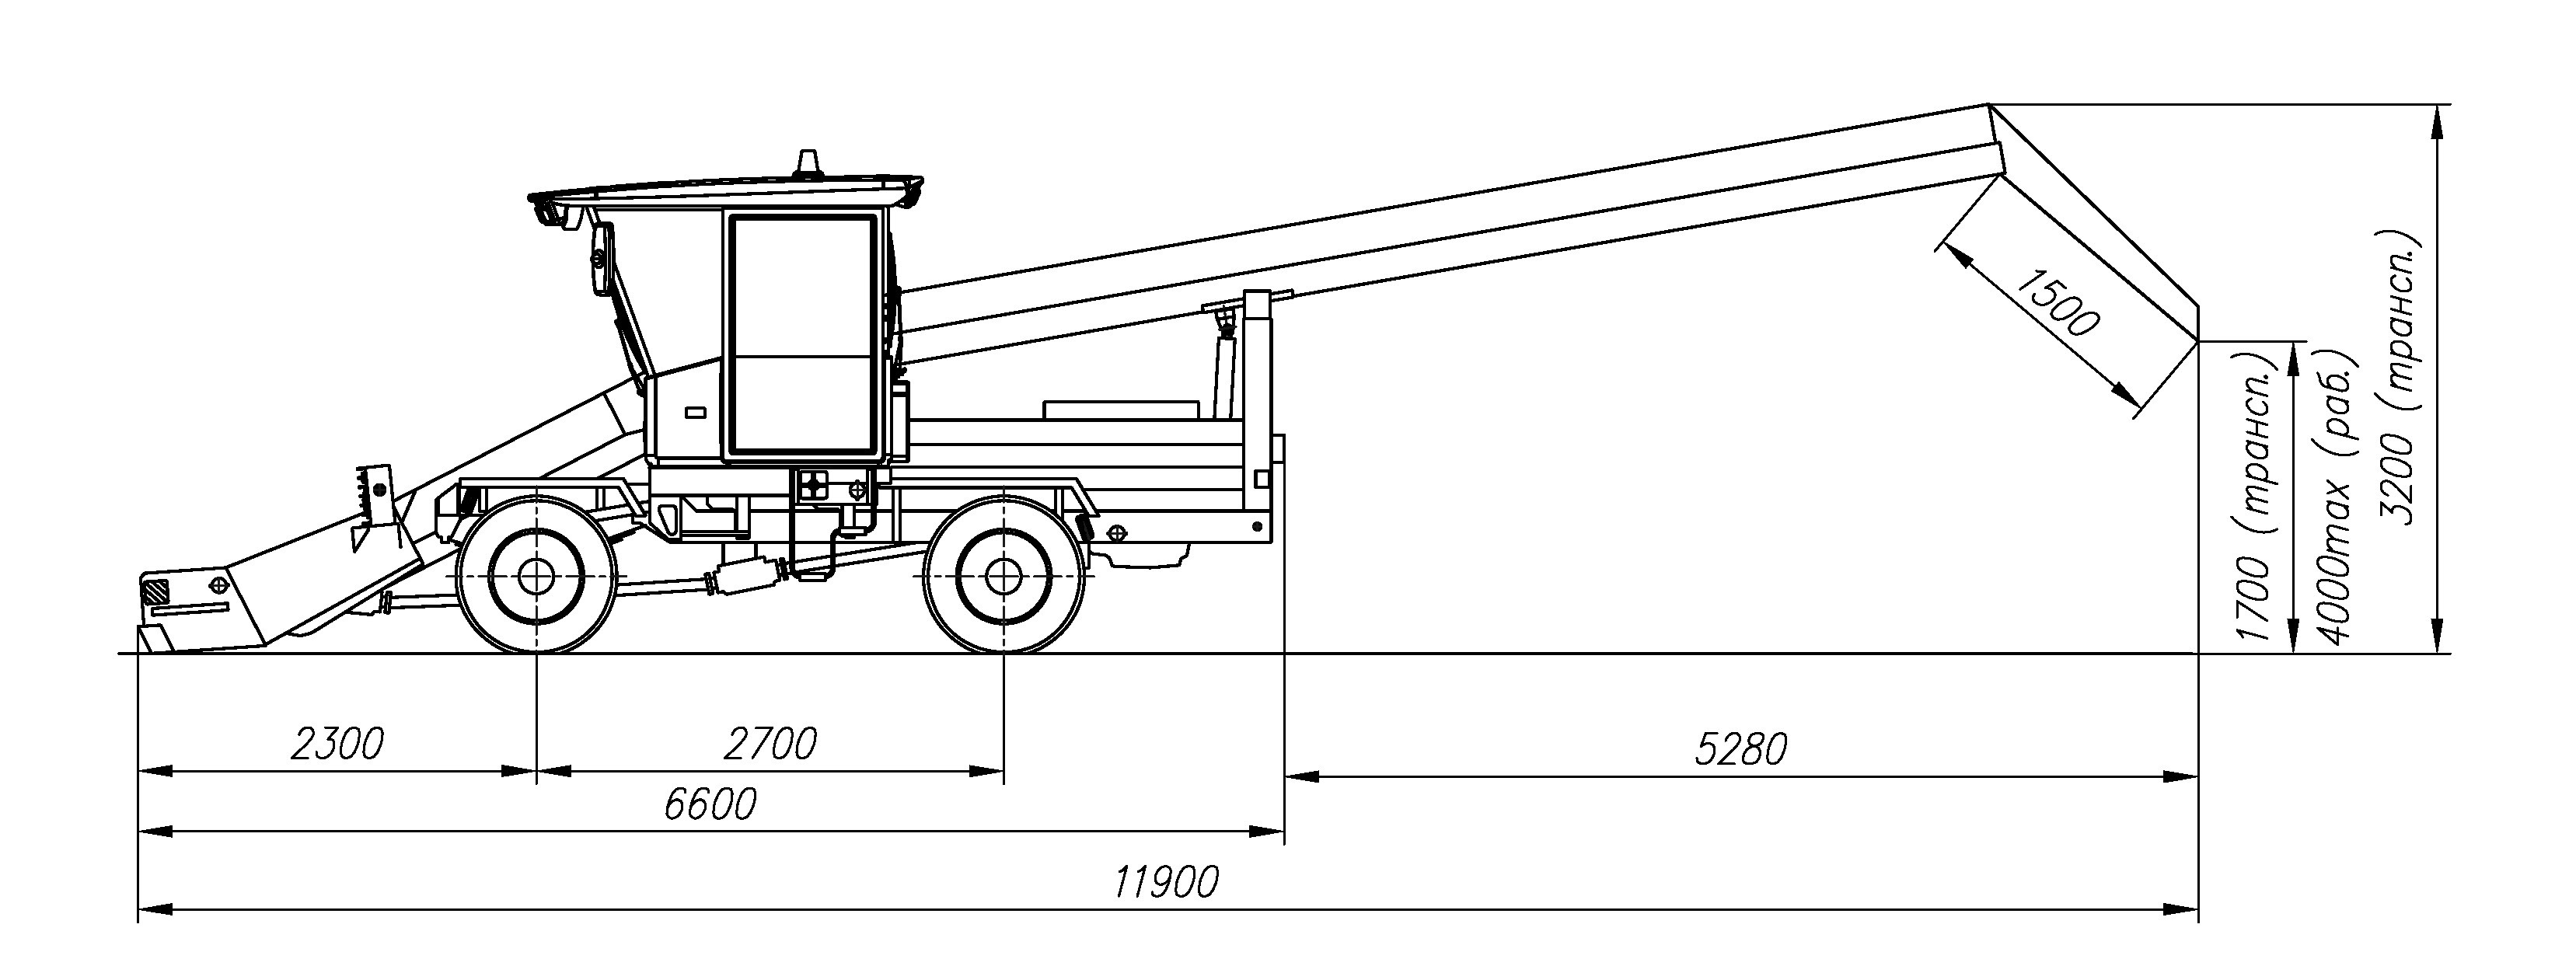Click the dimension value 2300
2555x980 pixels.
[x=337, y=744]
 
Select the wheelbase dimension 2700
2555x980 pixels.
[x=770, y=744]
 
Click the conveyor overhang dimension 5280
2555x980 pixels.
[x=1740, y=750]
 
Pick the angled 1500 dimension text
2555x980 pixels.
[x=2059, y=302]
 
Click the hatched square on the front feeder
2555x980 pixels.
[x=155, y=593]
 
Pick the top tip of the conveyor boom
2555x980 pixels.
[x=1988, y=105]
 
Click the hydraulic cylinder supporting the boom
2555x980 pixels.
[x=1227, y=367]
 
